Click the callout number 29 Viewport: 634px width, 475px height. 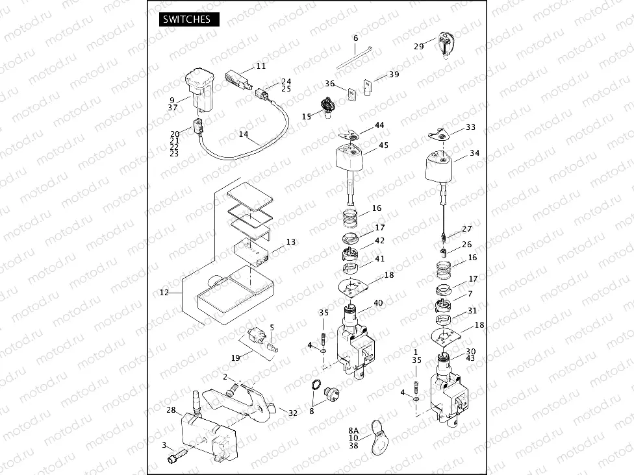(x=419, y=47)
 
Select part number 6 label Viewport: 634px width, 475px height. (x=355, y=39)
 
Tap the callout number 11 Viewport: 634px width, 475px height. (x=260, y=66)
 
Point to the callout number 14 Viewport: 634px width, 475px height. (x=244, y=134)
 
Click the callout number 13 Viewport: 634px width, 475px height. (x=290, y=242)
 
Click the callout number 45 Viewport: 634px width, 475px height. (x=383, y=145)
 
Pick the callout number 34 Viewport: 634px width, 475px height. (x=475, y=154)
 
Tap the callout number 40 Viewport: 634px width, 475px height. (x=378, y=302)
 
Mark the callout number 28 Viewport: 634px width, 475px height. (x=171, y=410)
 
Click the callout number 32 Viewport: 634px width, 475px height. (x=293, y=413)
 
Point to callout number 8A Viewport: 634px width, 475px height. (x=353, y=430)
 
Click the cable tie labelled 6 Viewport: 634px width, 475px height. (x=351, y=57)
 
